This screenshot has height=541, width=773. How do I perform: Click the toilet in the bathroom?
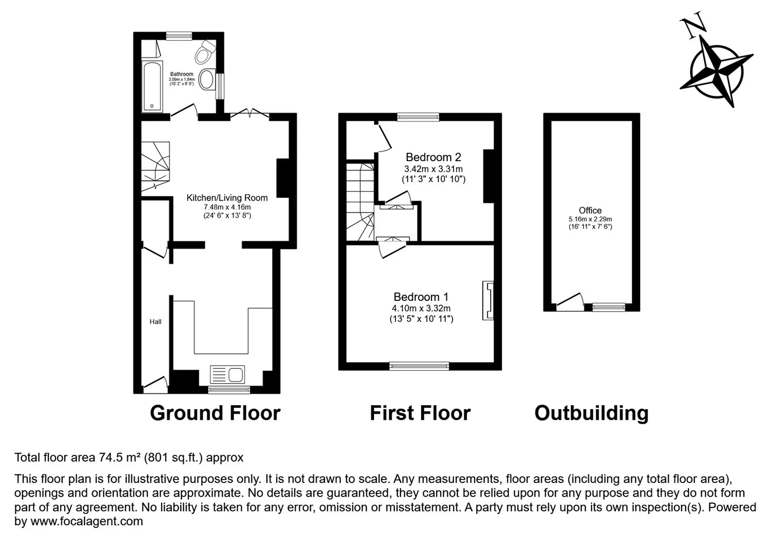pos(206,52)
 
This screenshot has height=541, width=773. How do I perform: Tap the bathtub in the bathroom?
pos(152,87)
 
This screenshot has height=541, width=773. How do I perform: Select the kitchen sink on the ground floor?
pos(228,375)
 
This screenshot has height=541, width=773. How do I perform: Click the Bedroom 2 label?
pos(433,157)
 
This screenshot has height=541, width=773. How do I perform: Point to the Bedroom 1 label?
pos(421,297)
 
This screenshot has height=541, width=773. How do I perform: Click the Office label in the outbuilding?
pos(590,210)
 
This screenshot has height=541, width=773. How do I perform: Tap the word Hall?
pos(156,322)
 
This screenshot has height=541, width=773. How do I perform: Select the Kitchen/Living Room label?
pos(227,198)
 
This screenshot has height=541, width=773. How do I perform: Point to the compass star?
pos(717,72)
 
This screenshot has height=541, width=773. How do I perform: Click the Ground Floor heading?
pos(215,413)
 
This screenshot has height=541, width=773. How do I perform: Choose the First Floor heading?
pos(420,413)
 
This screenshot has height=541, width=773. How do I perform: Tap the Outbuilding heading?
pos(592,413)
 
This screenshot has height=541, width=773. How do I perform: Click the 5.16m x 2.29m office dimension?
pos(590,219)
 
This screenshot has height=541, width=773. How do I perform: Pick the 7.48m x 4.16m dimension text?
pos(227,207)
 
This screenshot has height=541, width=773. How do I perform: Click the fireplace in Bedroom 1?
pos(488,300)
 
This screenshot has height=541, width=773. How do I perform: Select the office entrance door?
pos(570,301)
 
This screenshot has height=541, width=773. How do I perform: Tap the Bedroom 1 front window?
pos(419,366)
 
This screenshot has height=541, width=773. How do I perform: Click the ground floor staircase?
pos(156,166)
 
